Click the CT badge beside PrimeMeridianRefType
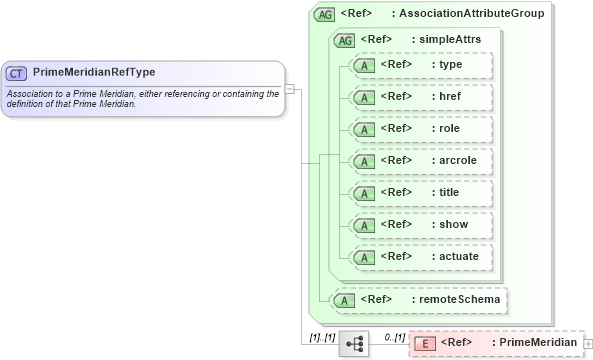[x=17, y=73]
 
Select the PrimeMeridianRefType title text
[x=94, y=73]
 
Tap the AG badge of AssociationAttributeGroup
[x=324, y=14]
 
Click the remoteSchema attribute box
[x=419, y=299]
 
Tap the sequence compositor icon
[x=354, y=343]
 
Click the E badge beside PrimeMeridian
[x=425, y=343]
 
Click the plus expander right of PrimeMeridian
[x=587, y=344]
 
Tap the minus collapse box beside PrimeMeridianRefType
[x=288, y=88]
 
